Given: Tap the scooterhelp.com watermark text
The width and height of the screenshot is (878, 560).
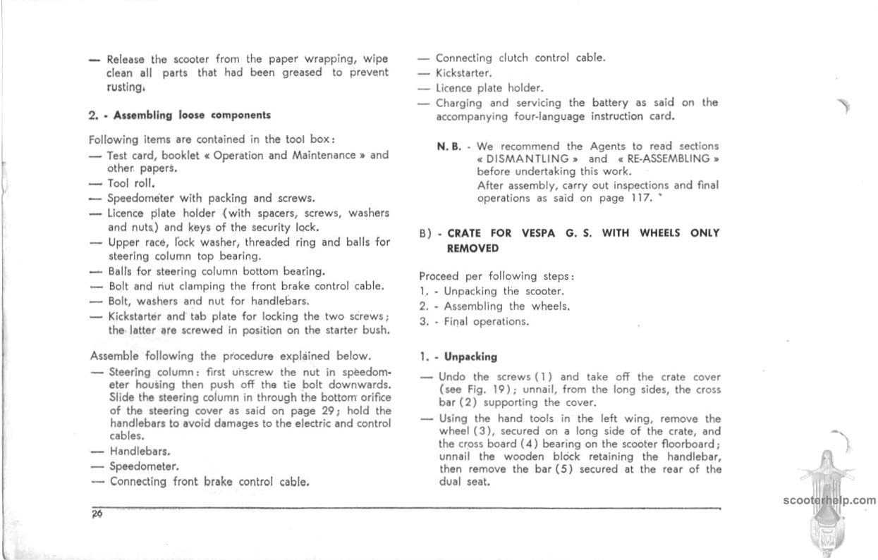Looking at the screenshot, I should point(829,501).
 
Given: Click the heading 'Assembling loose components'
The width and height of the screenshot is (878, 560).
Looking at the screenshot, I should point(192,115).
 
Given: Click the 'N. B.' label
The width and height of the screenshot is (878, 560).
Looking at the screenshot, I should point(449,147).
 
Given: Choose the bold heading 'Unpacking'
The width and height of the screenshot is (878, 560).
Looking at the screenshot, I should point(470,357).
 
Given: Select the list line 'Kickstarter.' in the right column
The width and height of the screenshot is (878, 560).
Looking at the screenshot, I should point(463,73).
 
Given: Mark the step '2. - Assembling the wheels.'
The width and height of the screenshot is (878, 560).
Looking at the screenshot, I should point(494,306).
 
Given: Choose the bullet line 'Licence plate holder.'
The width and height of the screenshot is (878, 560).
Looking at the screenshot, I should point(489,88).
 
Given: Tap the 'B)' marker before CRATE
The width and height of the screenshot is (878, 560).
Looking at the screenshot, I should point(426,234).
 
